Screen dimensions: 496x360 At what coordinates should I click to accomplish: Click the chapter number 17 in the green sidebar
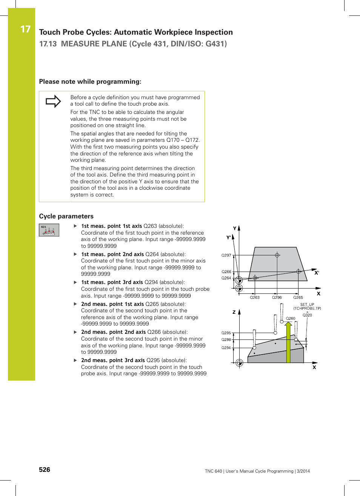(x=25, y=29)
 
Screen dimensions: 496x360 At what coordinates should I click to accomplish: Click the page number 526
(x=45, y=469)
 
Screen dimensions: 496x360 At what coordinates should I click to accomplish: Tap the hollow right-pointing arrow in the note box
(x=53, y=101)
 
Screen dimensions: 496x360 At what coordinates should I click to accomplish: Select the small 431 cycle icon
(x=49, y=230)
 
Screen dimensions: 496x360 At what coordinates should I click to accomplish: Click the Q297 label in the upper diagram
(x=226, y=255)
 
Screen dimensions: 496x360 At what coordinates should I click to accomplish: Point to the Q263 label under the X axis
(x=255, y=298)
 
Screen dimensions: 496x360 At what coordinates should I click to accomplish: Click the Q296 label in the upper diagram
(x=277, y=298)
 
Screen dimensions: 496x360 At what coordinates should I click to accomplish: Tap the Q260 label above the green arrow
(x=291, y=318)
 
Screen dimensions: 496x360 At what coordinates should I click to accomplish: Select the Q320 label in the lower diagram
(x=307, y=315)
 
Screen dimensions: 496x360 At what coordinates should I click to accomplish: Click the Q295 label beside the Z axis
(x=226, y=333)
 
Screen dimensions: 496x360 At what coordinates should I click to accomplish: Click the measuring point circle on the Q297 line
(x=277, y=255)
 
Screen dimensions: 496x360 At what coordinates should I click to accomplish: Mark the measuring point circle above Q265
(x=298, y=272)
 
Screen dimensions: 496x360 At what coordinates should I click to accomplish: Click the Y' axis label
(x=228, y=238)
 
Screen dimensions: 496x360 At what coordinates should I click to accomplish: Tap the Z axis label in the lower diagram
(x=234, y=312)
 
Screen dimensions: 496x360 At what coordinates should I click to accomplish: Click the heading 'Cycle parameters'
(x=66, y=216)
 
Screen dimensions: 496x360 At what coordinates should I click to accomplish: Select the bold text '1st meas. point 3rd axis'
(x=112, y=282)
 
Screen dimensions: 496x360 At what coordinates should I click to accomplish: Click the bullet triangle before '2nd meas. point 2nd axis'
(x=75, y=332)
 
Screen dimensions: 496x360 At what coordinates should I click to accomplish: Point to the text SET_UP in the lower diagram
(x=307, y=304)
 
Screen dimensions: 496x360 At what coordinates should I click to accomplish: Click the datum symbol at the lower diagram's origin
(x=239, y=363)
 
